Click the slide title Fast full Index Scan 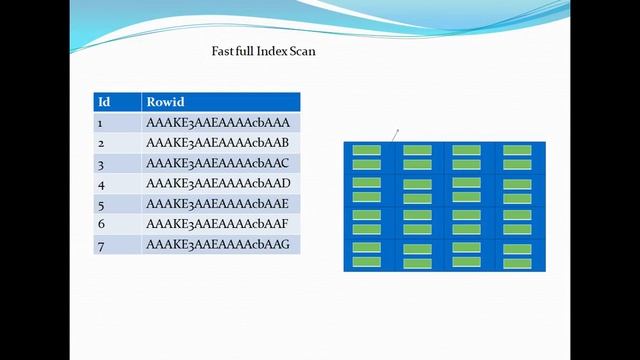pyautogui.click(x=263, y=51)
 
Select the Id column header pyautogui.click(x=103, y=102)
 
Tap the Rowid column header pyautogui.click(x=165, y=102)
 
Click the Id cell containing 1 pyautogui.click(x=101, y=123)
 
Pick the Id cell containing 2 pyautogui.click(x=101, y=143)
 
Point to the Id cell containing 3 pyautogui.click(x=101, y=164)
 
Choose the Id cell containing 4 pyautogui.click(x=101, y=184)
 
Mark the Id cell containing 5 pyautogui.click(x=101, y=204)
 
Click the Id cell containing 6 pyautogui.click(x=101, y=224)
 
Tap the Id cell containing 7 pyautogui.click(x=101, y=245)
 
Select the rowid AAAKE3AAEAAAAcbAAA pyautogui.click(x=218, y=123)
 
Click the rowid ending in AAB pyautogui.click(x=218, y=143)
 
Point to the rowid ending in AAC pyautogui.click(x=218, y=164)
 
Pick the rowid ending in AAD pyautogui.click(x=218, y=184)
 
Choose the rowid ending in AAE pyautogui.click(x=218, y=204)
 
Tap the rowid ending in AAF pyautogui.click(x=218, y=224)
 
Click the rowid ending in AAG pyautogui.click(x=218, y=245)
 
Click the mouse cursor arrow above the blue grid pyautogui.click(x=396, y=131)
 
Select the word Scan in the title pyautogui.click(x=301, y=51)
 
